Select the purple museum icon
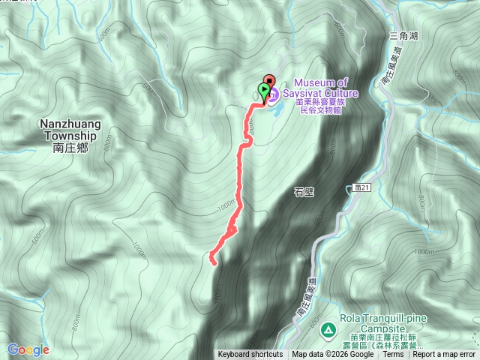click(272, 95)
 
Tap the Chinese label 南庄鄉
click(71, 148)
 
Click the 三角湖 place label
click(403, 35)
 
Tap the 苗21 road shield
click(362, 189)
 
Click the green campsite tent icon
click(328, 329)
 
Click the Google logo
click(28, 349)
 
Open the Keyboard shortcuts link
click(250, 355)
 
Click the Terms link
click(393, 355)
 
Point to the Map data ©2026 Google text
click(332, 355)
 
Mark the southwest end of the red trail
click(213, 262)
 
